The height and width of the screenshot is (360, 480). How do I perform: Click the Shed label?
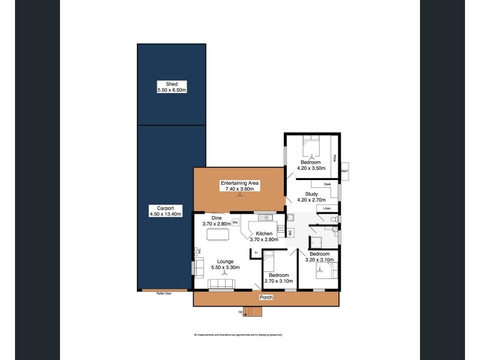(x=172, y=83)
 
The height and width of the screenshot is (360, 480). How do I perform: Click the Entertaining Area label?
(x=239, y=182)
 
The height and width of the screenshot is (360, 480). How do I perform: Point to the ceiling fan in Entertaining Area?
(x=239, y=195)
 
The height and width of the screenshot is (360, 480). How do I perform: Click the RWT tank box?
(x=344, y=172)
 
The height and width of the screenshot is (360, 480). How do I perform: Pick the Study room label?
(x=311, y=194)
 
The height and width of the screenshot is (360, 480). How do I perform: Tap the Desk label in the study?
(x=327, y=184)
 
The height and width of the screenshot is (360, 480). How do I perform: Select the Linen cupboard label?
(x=327, y=208)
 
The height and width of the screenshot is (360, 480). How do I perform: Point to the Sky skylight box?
(x=236, y=222)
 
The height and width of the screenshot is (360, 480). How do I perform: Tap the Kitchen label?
(x=265, y=233)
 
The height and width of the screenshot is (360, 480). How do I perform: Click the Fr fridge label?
(x=256, y=253)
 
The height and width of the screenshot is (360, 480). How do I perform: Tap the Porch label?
(x=265, y=298)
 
